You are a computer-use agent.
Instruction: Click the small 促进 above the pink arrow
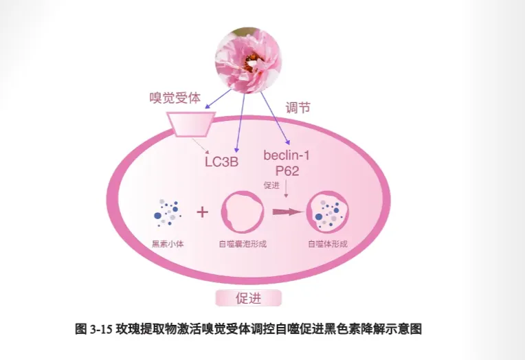click(x=272, y=185)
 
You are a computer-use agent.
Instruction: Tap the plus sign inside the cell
click(x=202, y=212)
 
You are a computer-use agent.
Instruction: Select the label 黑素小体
click(x=168, y=243)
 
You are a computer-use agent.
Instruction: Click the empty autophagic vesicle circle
click(x=242, y=212)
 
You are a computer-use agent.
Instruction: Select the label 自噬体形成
click(x=327, y=243)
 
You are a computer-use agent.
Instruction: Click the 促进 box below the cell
click(x=248, y=298)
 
